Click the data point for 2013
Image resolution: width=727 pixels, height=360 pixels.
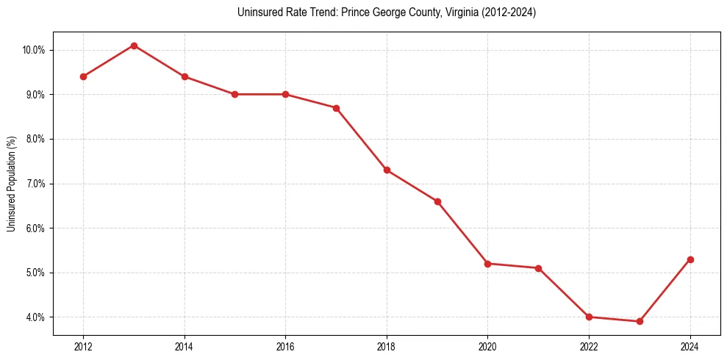click(x=134, y=46)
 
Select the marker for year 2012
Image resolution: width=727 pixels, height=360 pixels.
click(x=83, y=76)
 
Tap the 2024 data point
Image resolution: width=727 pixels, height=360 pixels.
click(x=690, y=259)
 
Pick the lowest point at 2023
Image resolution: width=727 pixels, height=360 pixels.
click(x=640, y=321)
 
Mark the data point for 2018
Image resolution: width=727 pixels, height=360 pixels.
click(x=387, y=170)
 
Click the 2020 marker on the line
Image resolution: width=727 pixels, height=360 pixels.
click(x=488, y=263)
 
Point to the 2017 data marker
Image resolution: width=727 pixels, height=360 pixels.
click(x=336, y=108)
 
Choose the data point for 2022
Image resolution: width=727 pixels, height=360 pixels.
click(x=589, y=317)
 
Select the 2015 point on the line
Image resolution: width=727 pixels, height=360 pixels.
click(x=234, y=94)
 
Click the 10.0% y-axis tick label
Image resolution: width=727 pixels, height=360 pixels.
click(x=34, y=50)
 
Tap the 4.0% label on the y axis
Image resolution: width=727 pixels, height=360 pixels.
click(x=35, y=317)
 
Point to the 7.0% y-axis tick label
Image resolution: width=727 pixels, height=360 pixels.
click(x=35, y=184)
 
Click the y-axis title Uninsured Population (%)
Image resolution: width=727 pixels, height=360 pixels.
click(x=11, y=184)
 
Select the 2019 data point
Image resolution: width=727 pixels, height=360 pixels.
click(x=437, y=201)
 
